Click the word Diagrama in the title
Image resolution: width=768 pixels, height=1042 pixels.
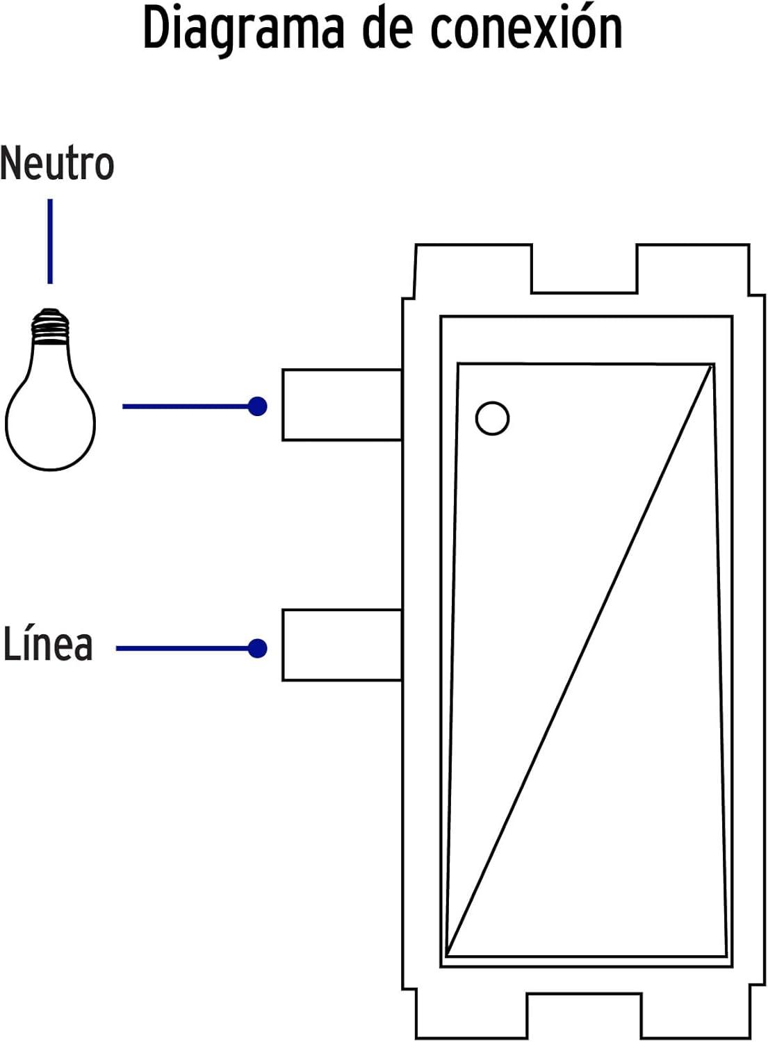coord(243,29)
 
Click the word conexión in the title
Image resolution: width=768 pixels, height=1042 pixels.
coord(526,29)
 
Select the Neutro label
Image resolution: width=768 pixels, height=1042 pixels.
coord(57,164)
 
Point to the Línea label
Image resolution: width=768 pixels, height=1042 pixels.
coord(48,644)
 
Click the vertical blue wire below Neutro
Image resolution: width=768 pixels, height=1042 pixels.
coord(50,241)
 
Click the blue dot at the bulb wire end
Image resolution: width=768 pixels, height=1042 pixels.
coord(258,406)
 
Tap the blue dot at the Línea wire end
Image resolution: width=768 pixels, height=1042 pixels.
coord(258,648)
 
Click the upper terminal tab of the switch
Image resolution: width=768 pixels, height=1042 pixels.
coord(341,405)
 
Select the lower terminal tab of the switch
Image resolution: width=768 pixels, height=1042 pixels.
coord(341,645)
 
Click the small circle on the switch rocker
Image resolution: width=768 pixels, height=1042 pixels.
coord(492,418)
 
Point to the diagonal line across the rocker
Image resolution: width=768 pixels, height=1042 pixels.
coord(580,660)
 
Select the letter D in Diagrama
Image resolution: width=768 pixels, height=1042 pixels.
coord(156,29)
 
